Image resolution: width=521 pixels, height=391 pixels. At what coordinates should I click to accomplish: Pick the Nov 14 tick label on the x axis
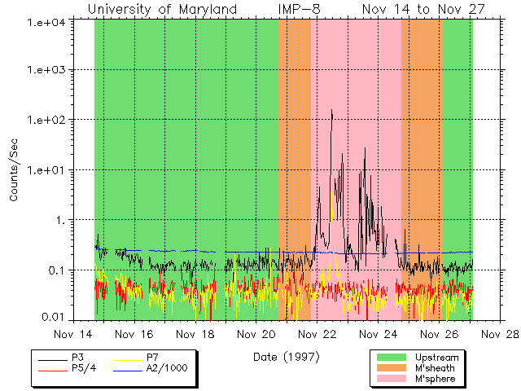coord(72,334)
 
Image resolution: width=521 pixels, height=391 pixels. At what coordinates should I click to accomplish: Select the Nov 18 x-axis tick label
coord(195,334)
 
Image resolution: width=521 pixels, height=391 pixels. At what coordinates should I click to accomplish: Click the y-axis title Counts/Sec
coord(14,170)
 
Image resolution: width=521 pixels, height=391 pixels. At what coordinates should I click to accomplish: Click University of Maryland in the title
coord(162,9)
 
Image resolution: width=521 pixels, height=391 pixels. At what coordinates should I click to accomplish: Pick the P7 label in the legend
coord(152,358)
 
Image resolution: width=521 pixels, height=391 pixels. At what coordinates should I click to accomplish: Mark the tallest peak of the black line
coord(332,110)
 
